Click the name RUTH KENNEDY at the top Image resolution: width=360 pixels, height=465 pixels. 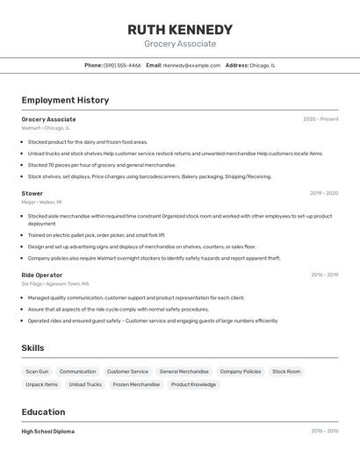180,30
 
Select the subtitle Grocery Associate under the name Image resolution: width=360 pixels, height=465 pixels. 180,44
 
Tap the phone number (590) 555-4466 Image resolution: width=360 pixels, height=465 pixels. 122,65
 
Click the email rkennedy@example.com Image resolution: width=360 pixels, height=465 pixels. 191,65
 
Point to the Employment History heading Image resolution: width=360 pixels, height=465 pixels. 65,100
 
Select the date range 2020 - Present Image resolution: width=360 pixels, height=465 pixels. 320,119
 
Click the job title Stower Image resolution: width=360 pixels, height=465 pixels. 32,193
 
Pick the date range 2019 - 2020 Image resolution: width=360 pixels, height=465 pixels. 324,193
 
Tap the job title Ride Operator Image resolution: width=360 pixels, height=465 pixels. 42,275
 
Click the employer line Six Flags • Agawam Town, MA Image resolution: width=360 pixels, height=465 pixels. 54,283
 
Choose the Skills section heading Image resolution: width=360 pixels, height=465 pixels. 33,348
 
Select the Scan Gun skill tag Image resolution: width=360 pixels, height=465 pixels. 38,371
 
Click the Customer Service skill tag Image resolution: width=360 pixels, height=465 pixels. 127,371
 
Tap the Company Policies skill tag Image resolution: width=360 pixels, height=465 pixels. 240,371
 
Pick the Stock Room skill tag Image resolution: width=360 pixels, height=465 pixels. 286,371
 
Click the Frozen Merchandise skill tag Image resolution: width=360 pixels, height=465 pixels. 136,384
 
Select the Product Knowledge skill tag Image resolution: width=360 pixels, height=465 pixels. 193,384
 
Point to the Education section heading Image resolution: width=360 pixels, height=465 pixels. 43,412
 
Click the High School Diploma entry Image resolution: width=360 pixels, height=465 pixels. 48,432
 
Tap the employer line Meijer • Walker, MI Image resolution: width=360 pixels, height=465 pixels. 42,202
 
